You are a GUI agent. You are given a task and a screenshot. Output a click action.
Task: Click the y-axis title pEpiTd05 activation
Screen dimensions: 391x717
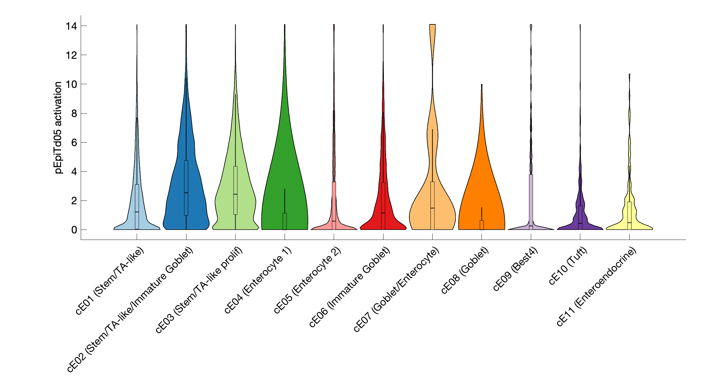click(x=58, y=128)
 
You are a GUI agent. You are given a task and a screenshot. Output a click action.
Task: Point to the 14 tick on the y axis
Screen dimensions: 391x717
click(x=71, y=26)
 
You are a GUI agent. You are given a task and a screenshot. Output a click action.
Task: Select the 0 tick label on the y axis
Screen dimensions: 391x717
click(x=74, y=230)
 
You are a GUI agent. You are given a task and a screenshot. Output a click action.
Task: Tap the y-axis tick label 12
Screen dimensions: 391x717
click(x=71, y=55)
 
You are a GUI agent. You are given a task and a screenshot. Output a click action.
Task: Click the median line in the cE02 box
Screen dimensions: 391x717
click(x=186, y=193)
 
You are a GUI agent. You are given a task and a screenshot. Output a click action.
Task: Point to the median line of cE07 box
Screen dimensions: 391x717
click(x=432, y=208)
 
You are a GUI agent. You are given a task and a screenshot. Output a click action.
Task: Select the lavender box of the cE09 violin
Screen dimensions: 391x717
click(x=531, y=200)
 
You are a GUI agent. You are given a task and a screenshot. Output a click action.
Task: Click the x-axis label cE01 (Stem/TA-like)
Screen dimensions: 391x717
click(x=110, y=281)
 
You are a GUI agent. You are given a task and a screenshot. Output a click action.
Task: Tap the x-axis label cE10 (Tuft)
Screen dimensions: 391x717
click(x=568, y=266)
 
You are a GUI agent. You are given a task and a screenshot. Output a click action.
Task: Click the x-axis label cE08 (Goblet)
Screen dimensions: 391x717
click(x=465, y=271)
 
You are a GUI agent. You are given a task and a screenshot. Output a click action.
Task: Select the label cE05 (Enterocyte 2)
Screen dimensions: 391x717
click(x=308, y=280)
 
